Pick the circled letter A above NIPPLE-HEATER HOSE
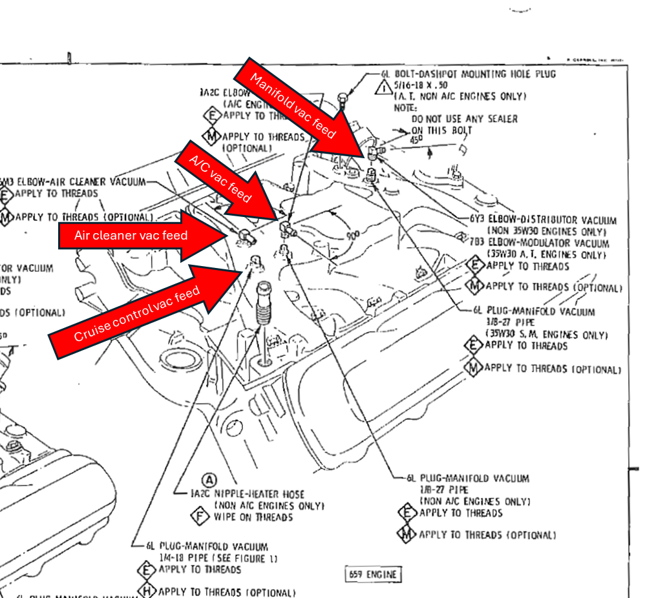click(x=209, y=480)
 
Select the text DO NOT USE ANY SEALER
click(x=464, y=119)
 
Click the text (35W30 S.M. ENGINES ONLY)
click(x=545, y=335)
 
